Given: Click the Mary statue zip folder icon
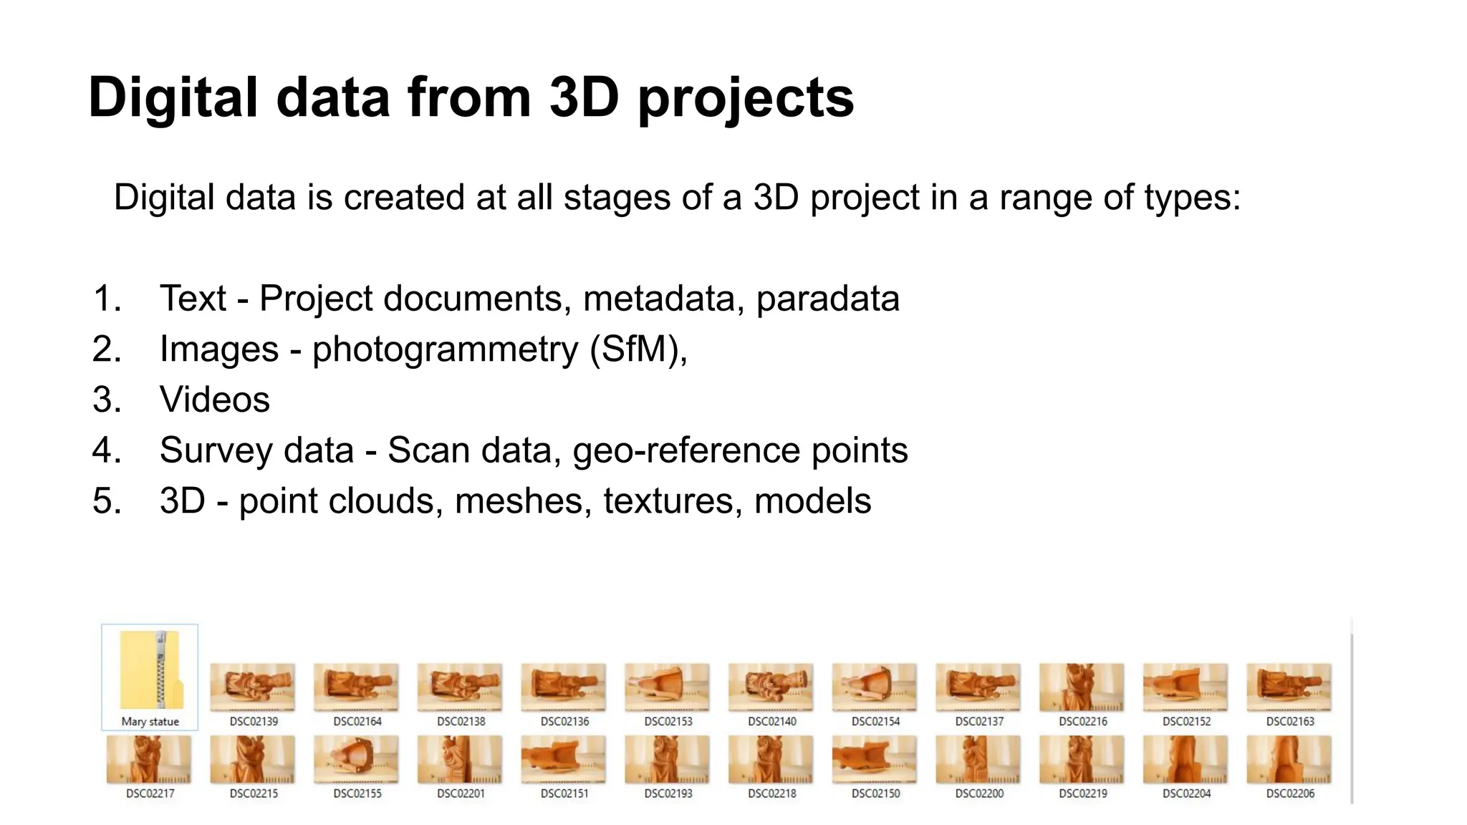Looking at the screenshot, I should [x=150, y=670].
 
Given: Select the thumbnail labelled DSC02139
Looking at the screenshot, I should [x=253, y=687].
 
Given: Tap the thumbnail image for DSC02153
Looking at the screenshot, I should [x=668, y=687].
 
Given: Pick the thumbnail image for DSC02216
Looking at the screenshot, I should [x=1082, y=687].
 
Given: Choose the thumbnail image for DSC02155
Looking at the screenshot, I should [x=357, y=759].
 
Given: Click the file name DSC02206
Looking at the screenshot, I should [x=1290, y=793].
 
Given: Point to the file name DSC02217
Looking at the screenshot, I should [x=150, y=793].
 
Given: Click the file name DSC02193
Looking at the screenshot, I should [x=668, y=793].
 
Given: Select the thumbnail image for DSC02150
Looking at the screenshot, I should [x=875, y=759].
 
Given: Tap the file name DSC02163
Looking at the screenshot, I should [x=1290, y=721].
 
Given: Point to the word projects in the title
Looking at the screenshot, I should [x=746, y=99].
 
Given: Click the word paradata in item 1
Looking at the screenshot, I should [x=827, y=299].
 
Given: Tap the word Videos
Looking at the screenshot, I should [x=215, y=400].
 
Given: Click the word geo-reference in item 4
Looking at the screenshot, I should [x=686, y=451].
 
